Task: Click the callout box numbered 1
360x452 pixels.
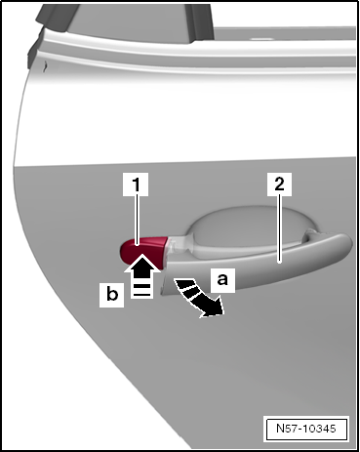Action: pos(136,185)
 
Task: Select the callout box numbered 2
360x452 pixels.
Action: pos(279,185)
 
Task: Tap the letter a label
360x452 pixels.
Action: pos(222,279)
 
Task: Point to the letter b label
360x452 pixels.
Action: pos(111,295)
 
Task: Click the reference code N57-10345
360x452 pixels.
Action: pos(306,429)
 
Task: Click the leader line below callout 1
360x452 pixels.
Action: pos(138,220)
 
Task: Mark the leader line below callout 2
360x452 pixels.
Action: pos(280,228)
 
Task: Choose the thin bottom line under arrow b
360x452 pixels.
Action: pos(141,295)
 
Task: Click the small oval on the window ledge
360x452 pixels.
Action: pos(262,39)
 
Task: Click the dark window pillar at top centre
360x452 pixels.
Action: pos(201,21)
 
